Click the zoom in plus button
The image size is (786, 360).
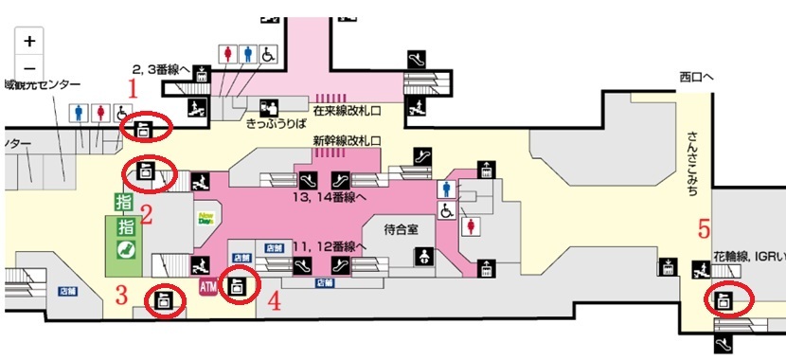tap(30, 42)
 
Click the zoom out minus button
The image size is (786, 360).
tap(30, 67)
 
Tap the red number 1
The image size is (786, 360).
tap(134, 90)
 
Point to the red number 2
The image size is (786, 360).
tap(147, 213)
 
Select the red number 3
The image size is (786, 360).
tap(121, 294)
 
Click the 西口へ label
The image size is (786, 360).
tap(699, 77)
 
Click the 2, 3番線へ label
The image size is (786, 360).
tap(162, 68)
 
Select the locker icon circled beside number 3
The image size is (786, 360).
tap(162, 300)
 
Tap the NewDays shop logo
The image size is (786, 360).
tap(205, 218)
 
